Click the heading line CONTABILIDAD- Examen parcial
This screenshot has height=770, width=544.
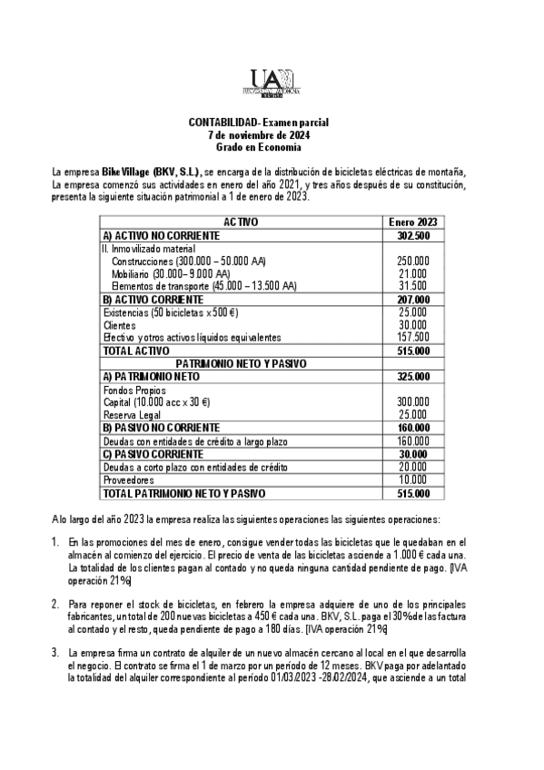pyautogui.click(x=271, y=122)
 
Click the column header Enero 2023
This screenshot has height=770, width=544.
pyautogui.click(x=412, y=222)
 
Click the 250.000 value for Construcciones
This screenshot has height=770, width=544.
pyautogui.click(x=412, y=260)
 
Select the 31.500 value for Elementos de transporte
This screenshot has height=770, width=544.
pyautogui.click(x=414, y=285)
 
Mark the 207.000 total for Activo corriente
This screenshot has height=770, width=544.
pyautogui.click(x=412, y=298)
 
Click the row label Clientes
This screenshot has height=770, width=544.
pyautogui.click(x=119, y=324)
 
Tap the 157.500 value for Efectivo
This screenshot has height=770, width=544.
pyautogui.click(x=412, y=337)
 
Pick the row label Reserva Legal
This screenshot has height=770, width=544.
pyautogui.click(x=128, y=413)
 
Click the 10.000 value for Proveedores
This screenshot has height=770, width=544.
pyautogui.click(x=414, y=480)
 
